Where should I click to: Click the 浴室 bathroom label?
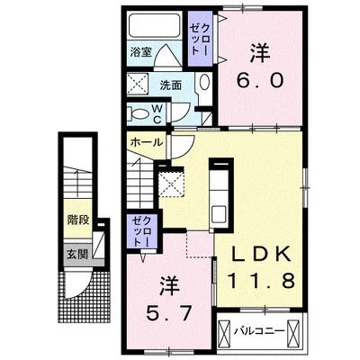(x=140, y=52)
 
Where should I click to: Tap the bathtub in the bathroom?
(x=155, y=26)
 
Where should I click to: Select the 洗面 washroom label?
(x=170, y=85)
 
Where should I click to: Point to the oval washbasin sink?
(x=204, y=82)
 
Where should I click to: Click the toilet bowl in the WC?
(x=139, y=113)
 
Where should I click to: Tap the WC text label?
(x=157, y=113)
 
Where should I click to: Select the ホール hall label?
(x=147, y=142)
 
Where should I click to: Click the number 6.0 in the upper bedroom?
(x=260, y=80)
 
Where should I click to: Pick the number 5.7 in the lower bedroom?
(x=168, y=314)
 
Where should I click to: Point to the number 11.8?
(x=260, y=281)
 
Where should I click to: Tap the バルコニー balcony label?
(x=259, y=331)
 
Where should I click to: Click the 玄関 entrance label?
(x=77, y=254)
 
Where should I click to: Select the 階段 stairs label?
(x=78, y=220)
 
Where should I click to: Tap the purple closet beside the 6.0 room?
(x=200, y=39)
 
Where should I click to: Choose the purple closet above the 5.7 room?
(x=142, y=231)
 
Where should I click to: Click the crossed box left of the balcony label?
(x=224, y=333)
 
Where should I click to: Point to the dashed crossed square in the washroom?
(x=138, y=83)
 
